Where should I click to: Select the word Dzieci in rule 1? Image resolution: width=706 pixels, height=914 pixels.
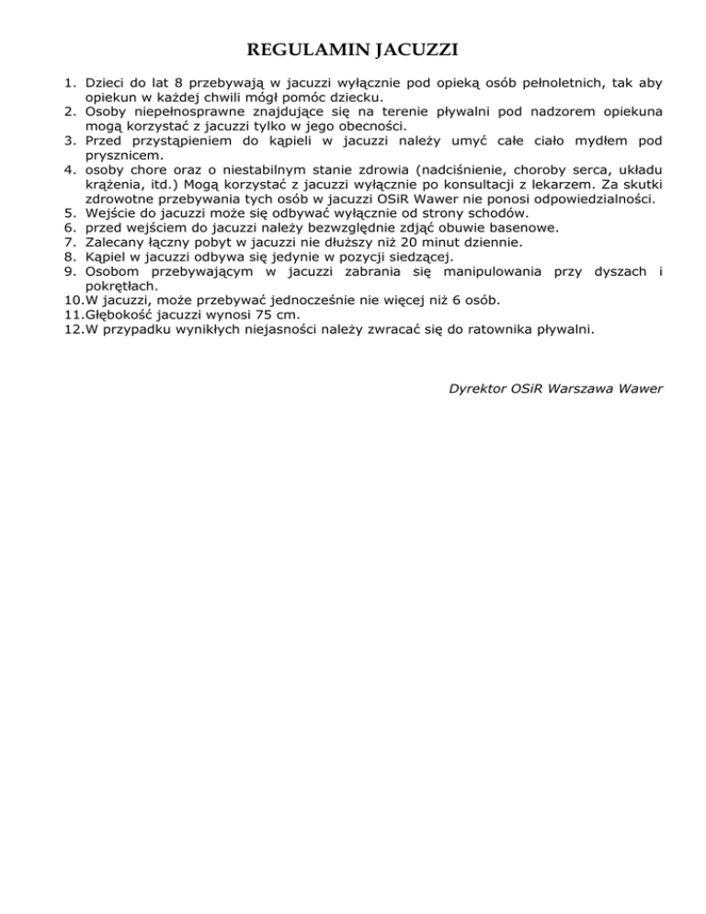pos(107,83)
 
